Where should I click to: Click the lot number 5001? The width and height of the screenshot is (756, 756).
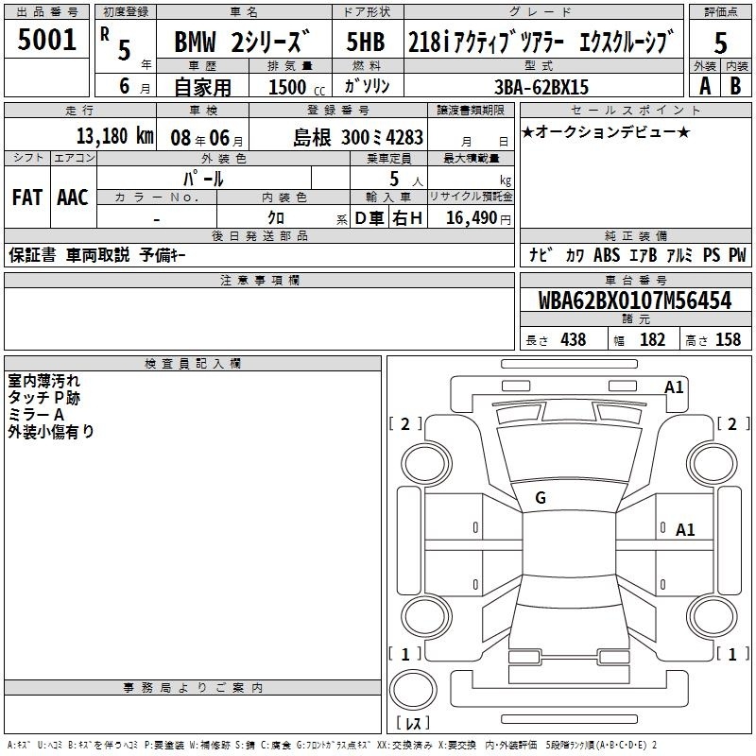46,40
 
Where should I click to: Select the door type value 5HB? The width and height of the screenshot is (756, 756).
366,42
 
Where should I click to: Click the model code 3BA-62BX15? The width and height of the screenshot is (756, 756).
541,87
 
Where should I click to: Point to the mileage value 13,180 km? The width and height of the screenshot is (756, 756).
114,136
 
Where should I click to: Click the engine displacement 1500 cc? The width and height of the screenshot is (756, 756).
297,87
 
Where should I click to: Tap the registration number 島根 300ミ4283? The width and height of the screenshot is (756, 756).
358,138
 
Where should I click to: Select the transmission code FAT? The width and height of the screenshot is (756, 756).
27,198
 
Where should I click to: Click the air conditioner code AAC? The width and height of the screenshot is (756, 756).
73,198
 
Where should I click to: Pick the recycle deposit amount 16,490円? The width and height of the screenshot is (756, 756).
478,218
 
